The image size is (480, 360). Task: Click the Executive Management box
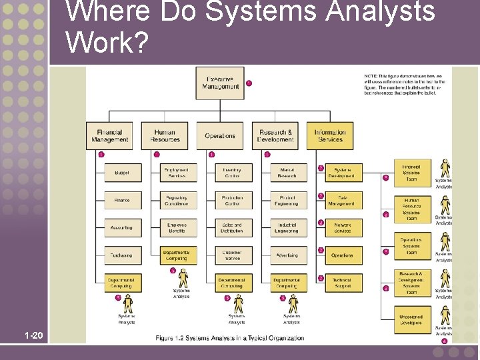coord(220,83)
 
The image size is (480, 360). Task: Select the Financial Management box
coord(109,136)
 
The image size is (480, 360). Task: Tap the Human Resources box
coord(165,136)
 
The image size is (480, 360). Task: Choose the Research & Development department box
coord(275,136)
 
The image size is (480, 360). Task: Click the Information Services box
coord(330,136)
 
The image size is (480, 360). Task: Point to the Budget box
coord(122,173)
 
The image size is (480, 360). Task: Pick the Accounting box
coord(122,228)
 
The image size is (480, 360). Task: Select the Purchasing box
coord(122,255)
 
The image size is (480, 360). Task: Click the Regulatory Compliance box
coord(177,201)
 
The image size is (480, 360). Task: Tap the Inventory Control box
coord(233,173)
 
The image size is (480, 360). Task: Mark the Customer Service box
coord(233,255)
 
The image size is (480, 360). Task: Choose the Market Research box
coord(288,173)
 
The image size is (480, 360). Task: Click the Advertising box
coord(288,255)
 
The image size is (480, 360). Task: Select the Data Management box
coord(343,201)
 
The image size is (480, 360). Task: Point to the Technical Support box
coord(343,283)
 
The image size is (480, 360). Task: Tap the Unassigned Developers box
coord(411,320)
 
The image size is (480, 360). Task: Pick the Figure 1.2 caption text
coord(229,339)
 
